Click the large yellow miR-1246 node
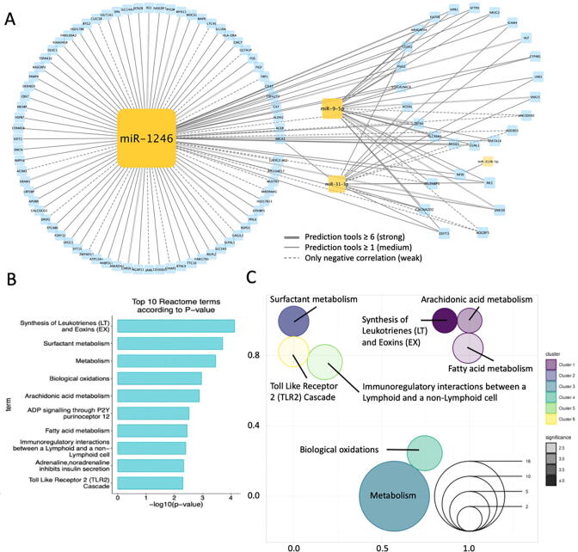pyautogui.click(x=146, y=138)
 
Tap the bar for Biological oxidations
pyautogui.click(x=158, y=378)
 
